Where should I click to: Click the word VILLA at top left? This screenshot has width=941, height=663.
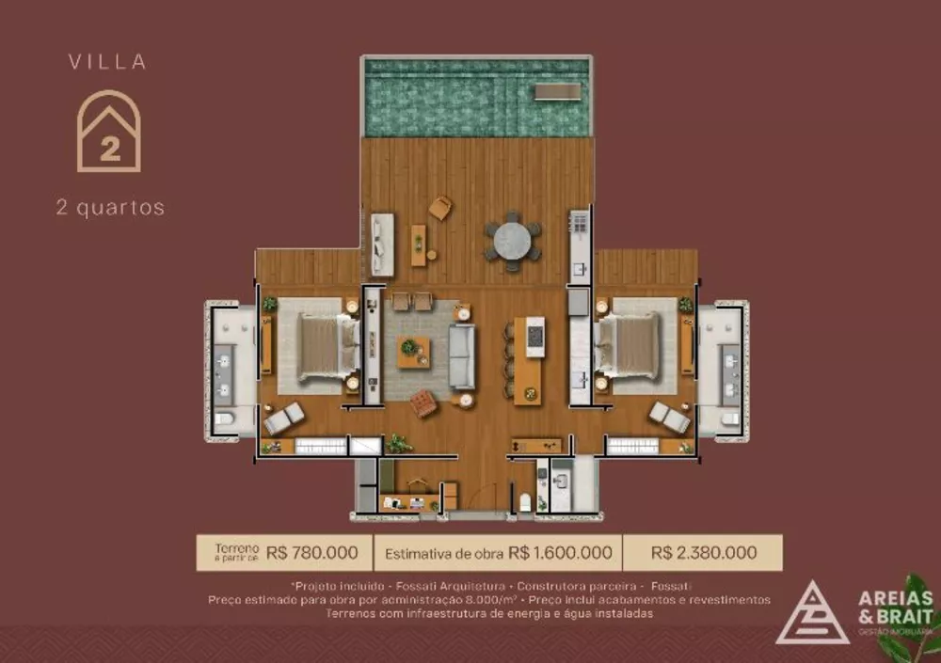107,62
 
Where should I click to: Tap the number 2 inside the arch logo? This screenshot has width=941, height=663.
110,149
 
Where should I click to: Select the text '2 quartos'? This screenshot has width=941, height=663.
110,208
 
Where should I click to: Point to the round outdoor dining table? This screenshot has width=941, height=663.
513,241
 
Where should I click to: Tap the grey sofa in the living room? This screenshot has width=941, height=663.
461,356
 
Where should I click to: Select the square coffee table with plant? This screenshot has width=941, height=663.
412,351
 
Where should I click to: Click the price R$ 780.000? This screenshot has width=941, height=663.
312,553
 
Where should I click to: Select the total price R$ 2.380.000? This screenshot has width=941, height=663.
702,553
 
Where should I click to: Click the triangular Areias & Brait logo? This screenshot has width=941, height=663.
812,614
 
